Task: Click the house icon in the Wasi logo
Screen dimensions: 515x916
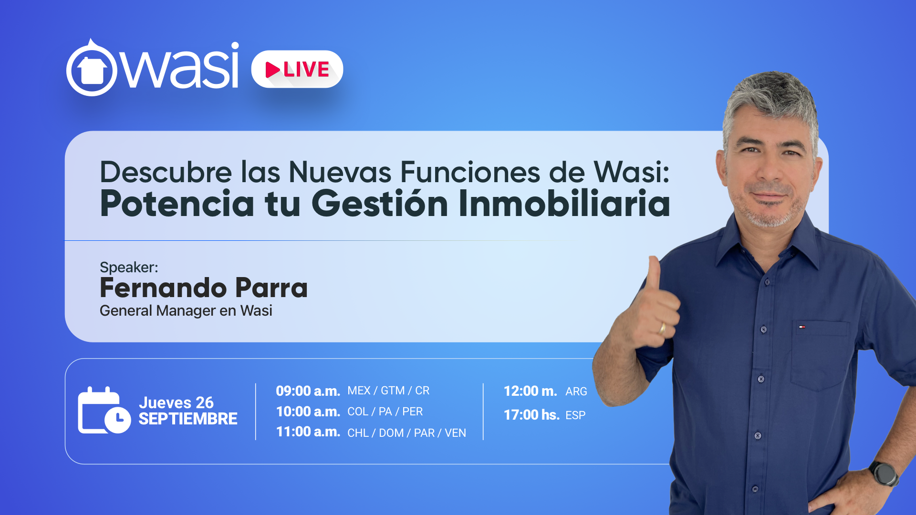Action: [92, 71]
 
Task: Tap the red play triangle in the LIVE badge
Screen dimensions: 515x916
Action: [272, 70]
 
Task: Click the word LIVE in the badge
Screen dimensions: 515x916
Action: [306, 70]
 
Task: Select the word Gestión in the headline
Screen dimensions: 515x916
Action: [380, 204]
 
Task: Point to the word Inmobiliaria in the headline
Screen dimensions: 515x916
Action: [564, 204]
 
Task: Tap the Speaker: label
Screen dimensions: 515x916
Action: [129, 267]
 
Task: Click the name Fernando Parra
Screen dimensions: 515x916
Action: [204, 288]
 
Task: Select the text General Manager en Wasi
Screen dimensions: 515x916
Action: [186, 311]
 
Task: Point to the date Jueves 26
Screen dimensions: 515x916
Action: [176, 402]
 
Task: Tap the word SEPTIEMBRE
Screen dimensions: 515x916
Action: [188, 419]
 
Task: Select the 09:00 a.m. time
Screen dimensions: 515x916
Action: [308, 391]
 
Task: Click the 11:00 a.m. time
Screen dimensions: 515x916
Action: [308, 432]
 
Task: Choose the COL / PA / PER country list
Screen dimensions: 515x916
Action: [385, 412]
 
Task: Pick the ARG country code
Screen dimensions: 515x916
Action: [576, 391]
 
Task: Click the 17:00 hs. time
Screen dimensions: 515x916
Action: [531, 415]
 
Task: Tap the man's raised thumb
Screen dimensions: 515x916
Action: [654, 277]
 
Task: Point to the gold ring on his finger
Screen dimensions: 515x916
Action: [662, 328]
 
